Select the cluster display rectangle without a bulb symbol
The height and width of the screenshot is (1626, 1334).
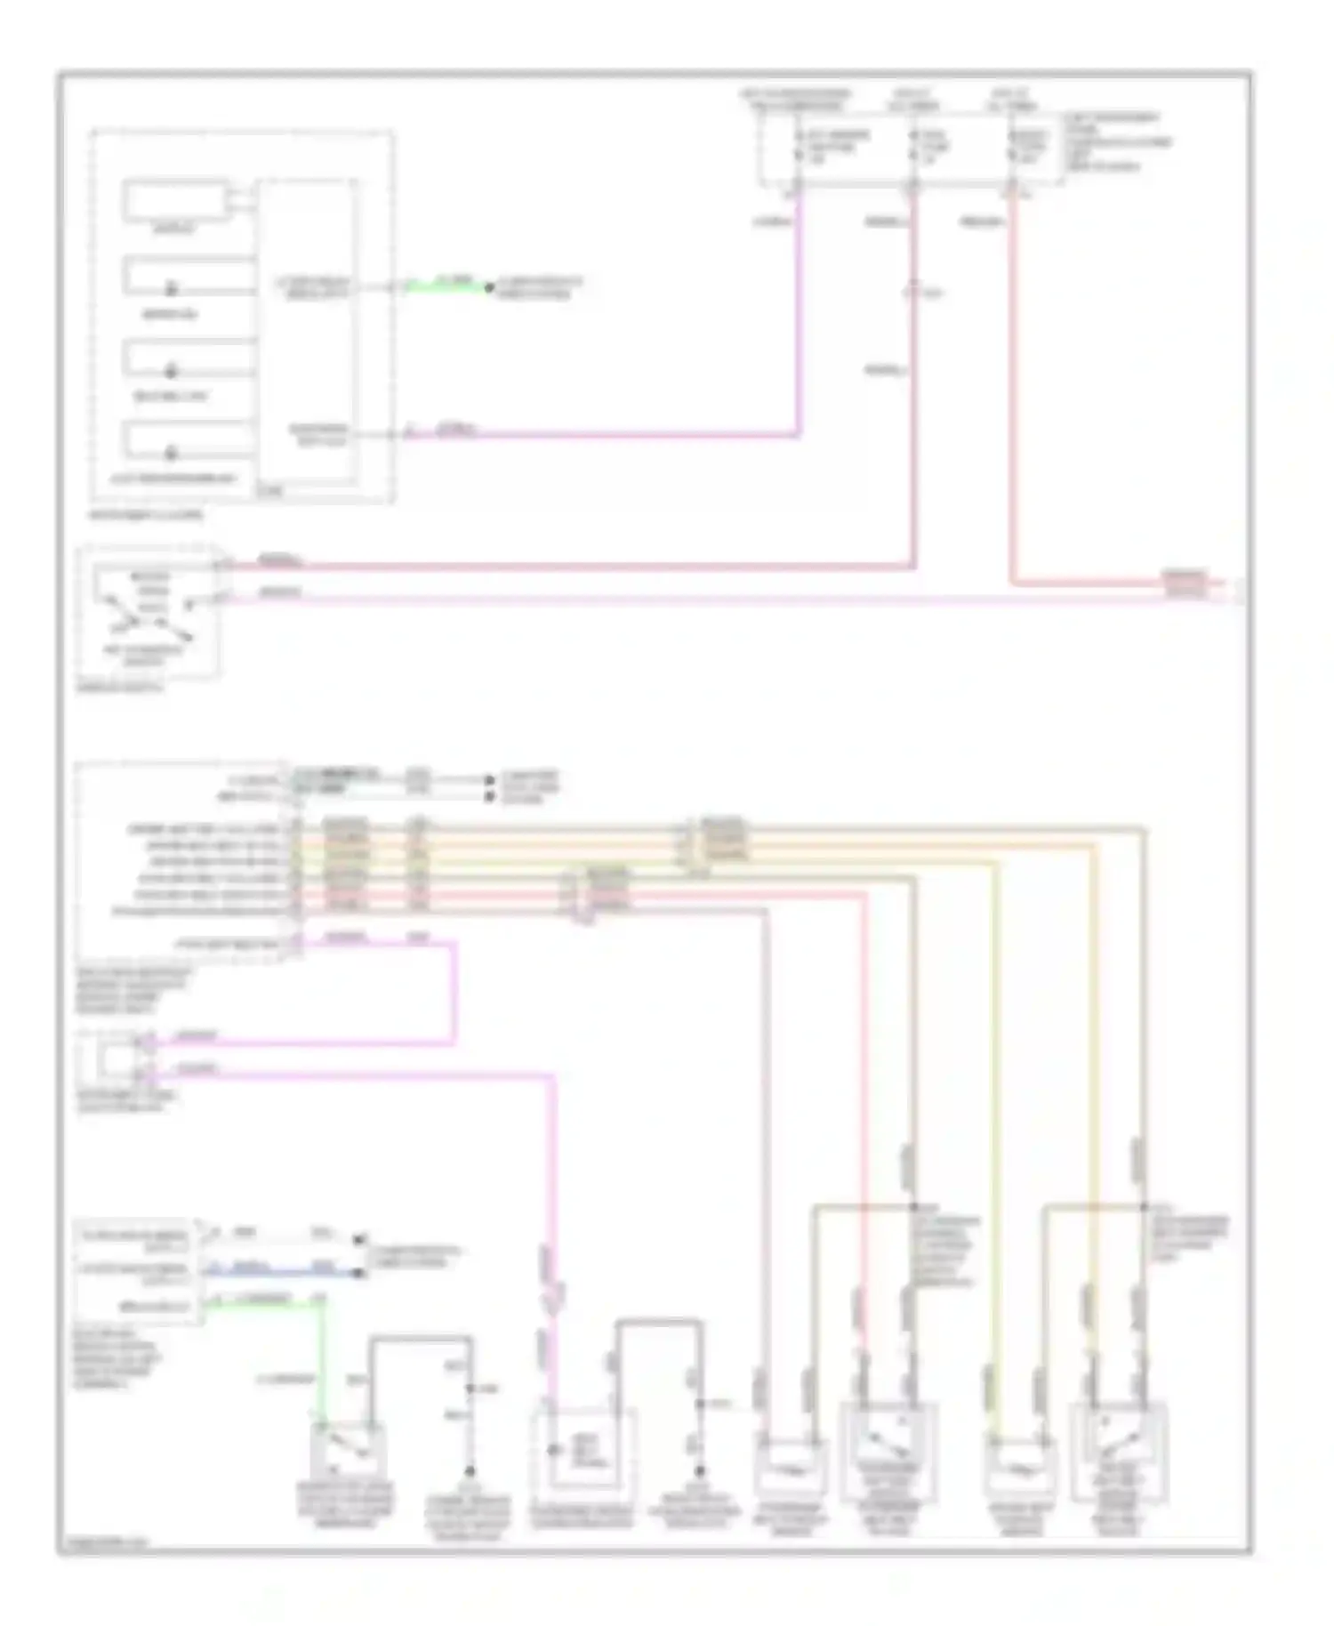175,201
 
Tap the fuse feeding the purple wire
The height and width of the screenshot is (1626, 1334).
798,149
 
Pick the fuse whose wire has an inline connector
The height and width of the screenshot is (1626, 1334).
913,149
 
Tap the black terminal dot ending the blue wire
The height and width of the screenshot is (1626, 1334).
359,1274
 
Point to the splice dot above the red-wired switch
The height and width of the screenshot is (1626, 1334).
913,1207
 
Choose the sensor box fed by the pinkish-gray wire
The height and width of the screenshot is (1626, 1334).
790,1468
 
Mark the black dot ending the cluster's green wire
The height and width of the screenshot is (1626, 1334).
487,288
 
